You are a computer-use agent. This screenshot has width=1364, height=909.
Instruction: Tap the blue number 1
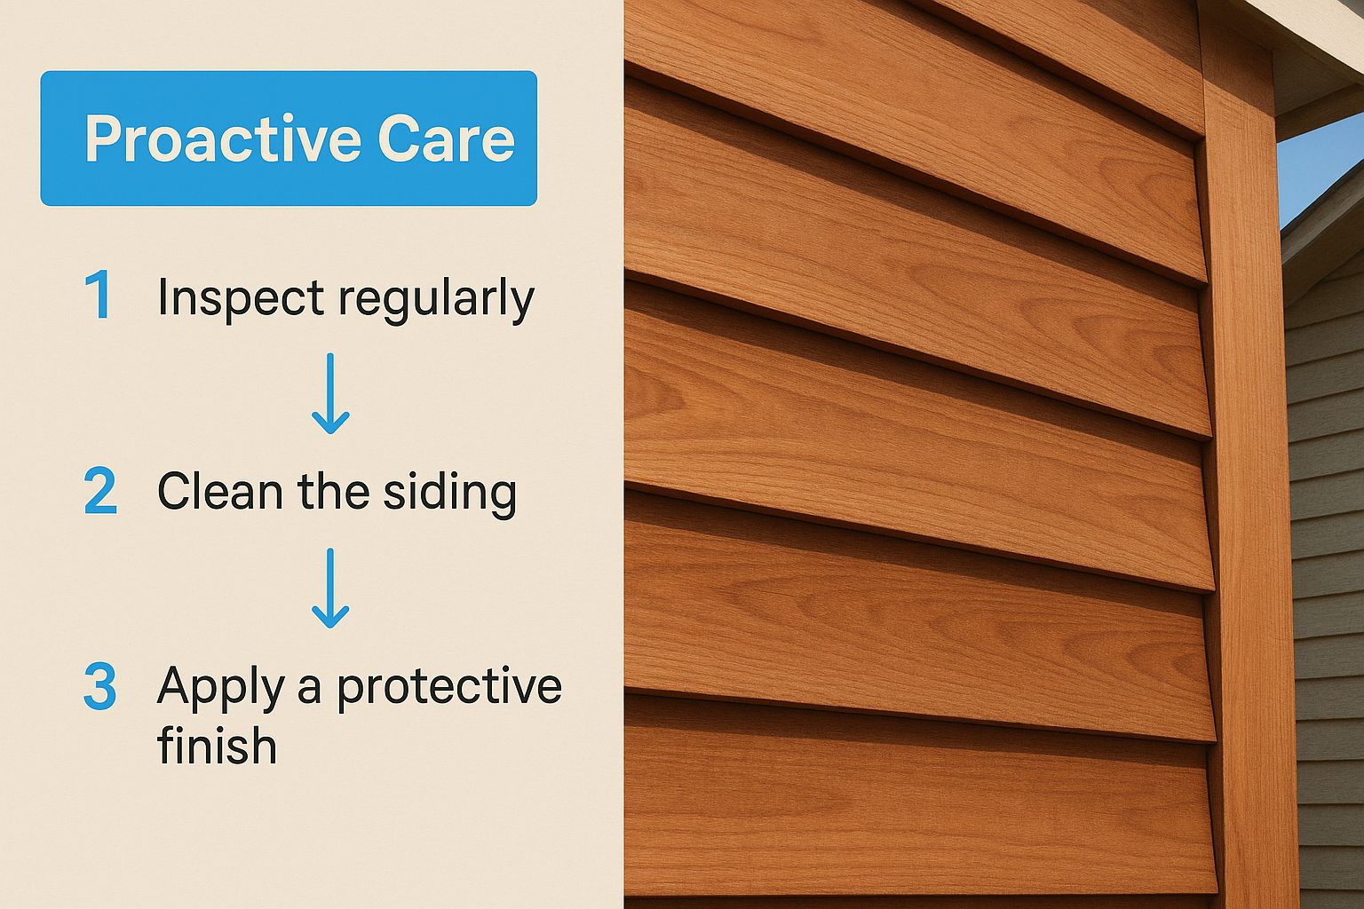pos(99,296)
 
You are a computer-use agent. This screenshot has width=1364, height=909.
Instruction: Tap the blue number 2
pos(100,492)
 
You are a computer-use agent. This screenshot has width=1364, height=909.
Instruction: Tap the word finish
pos(217,745)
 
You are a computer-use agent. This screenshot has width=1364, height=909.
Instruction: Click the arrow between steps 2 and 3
pos(330,588)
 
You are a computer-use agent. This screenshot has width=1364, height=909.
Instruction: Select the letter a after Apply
pos(310,690)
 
